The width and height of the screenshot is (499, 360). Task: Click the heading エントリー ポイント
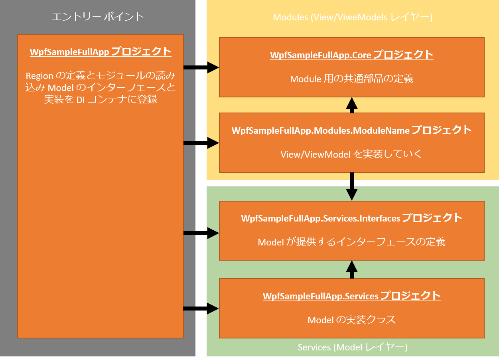click(x=98, y=17)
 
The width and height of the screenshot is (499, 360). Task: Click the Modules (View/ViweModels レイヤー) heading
click(x=353, y=17)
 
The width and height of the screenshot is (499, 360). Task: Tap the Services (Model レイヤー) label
click(x=353, y=347)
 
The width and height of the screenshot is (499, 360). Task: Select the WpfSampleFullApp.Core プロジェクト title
click(x=351, y=55)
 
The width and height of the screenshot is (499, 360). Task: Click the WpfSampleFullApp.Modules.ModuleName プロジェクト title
click(x=351, y=130)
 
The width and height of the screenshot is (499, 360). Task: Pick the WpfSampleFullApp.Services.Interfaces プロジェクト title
click(x=351, y=218)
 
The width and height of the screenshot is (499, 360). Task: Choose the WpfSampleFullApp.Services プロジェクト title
click(x=351, y=296)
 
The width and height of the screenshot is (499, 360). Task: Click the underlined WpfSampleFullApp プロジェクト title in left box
click(x=101, y=52)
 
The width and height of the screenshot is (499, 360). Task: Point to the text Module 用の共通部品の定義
click(x=351, y=79)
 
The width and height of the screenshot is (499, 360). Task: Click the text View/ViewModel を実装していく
click(x=351, y=154)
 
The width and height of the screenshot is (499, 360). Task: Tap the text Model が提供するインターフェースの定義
click(x=351, y=241)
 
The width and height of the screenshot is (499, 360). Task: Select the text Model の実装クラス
click(x=351, y=320)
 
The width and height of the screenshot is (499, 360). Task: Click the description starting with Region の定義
click(x=101, y=87)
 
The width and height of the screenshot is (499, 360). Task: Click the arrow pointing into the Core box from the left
click(x=202, y=68)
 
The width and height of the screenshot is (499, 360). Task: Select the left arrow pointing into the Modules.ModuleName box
click(x=202, y=142)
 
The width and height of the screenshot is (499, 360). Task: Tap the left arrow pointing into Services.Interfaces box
click(x=202, y=233)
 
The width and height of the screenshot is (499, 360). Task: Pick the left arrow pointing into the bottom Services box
click(x=202, y=308)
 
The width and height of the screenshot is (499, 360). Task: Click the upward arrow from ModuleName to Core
click(x=351, y=105)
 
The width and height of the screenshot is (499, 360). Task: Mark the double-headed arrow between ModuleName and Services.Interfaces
click(x=351, y=187)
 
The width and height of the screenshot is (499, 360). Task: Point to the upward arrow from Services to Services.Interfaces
click(x=351, y=269)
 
